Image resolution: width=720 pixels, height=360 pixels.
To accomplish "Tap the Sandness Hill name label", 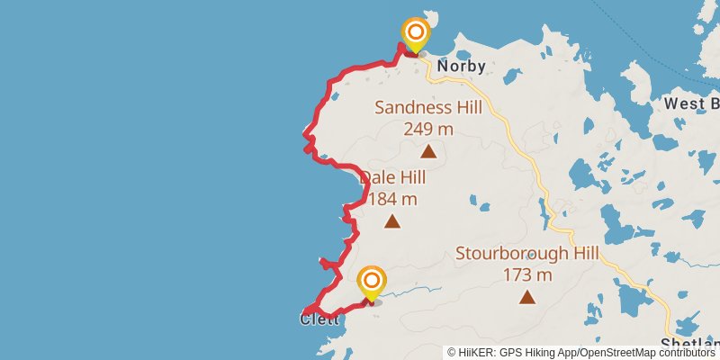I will point(428,108).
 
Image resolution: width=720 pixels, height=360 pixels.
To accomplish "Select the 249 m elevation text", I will point(428,129).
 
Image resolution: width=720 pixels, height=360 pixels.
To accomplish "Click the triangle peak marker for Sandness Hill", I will point(428,151).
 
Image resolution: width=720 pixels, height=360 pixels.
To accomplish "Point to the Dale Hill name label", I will point(393,178).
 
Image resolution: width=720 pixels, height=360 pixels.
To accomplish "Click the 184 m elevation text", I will point(393,198).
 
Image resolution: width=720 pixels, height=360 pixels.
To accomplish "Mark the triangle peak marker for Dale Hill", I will point(392,220).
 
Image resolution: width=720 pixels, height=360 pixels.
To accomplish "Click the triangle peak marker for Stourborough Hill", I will point(527,297).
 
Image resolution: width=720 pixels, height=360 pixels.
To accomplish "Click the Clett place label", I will point(319,319).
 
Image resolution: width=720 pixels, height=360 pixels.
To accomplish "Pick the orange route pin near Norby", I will point(416,35).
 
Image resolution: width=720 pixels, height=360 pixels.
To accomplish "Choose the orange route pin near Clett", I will point(371,283).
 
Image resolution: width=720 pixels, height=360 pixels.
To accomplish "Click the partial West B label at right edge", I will point(691,103).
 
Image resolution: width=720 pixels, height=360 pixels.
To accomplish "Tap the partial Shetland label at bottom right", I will point(689,345).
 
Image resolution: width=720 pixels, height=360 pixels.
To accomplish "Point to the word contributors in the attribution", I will point(684,353).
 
